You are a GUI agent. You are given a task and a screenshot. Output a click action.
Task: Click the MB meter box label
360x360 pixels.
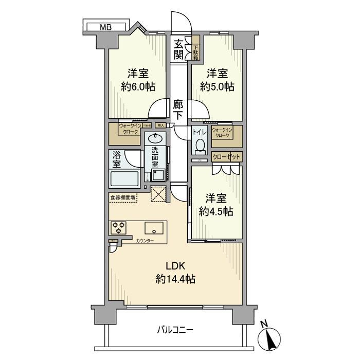coord(105,27)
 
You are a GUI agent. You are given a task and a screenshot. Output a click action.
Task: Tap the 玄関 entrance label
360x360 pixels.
coord(178,49)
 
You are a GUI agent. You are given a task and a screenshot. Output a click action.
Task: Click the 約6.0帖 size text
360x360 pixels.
coord(138,86)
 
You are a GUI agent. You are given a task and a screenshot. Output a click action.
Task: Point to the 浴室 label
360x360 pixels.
coord(117,159)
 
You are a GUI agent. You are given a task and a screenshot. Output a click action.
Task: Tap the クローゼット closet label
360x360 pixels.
coord(226,157)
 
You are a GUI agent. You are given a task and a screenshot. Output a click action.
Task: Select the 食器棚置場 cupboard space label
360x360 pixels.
coord(123,197)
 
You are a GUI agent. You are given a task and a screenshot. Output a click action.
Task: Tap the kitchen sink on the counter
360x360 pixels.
coord(154,228)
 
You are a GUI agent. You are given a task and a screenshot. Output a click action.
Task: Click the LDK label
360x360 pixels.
coord(175,265)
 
